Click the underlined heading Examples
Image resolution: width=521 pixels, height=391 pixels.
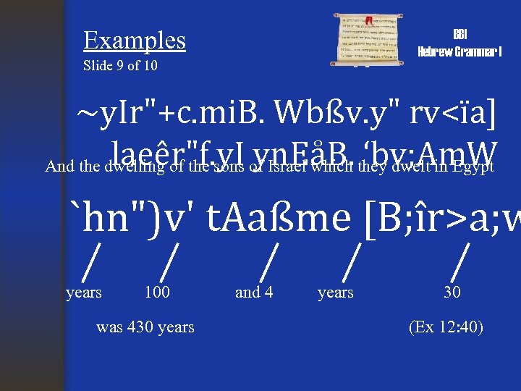pos(135,41)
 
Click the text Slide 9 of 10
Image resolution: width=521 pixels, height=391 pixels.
pos(121,67)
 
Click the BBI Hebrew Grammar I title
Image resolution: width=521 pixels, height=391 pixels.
pos(459,43)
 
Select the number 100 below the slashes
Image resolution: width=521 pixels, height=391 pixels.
pos(157,293)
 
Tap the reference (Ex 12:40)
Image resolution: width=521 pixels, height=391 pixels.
pos(446,327)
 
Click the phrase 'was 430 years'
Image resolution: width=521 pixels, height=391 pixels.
pos(145,327)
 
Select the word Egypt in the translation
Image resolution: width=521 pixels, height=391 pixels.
pos(473,167)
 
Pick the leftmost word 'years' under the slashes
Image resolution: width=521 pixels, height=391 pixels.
pos(83,293)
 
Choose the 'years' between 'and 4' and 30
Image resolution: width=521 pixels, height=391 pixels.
pos(336,293)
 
